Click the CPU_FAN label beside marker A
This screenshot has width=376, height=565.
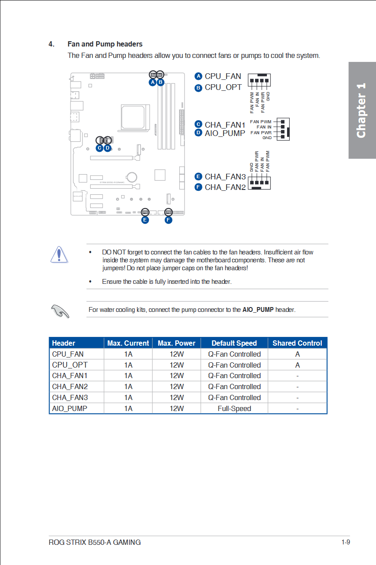[223, 76]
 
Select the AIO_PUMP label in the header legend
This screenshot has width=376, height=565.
[225, 133]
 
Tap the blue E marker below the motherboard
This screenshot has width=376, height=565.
[145, 220]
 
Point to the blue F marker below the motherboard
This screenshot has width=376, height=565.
[168, 220]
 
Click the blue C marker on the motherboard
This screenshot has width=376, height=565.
[99, 148]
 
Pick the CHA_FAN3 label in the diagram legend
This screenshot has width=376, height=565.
[225, 177]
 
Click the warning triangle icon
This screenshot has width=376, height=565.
[58, 254]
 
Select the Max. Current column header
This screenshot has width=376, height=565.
[128, 343]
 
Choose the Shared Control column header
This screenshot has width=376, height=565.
[297, 343]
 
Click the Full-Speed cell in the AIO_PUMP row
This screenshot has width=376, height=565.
[234, 408]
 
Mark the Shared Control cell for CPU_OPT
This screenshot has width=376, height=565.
[298, 365]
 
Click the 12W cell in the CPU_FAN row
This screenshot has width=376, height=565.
[177, 354]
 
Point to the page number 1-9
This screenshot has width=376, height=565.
[345, 542]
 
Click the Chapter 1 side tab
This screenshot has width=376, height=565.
[362, 110]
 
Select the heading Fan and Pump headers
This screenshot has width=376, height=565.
[105, 44]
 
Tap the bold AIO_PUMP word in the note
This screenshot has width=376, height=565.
[258, 310]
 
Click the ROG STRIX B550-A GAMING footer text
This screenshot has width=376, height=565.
[95, 542]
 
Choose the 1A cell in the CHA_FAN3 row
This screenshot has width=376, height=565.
[128, 397]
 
